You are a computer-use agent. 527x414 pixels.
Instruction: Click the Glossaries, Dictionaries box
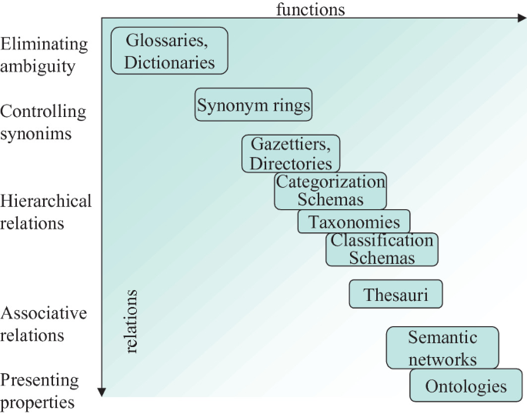tap(169, 50)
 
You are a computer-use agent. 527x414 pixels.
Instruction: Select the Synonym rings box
tap(253, 104)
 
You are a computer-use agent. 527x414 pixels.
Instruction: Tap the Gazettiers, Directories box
tap(290, 153)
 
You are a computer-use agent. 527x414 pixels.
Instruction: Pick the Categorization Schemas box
tap(330, 191)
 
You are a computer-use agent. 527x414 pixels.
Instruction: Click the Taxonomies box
tap(354, 222)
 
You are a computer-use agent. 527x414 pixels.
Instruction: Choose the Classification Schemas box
tap(382, 249)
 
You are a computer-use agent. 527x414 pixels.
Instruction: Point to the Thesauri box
tap(395, 294)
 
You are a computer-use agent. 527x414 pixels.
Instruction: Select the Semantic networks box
tap(442, 348)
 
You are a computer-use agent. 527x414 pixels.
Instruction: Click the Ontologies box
tap(465, 386)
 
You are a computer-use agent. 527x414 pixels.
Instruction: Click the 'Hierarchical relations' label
tap(45, 212)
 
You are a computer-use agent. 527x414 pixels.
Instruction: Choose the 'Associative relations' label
tap(44, 325)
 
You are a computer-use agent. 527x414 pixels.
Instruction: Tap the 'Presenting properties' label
tap(40, 391)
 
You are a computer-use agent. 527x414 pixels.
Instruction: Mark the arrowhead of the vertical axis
tap(102, 392)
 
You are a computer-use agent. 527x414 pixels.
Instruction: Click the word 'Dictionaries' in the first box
tap(169, 62)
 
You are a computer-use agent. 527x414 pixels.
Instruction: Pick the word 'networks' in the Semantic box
tap(442, 359)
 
